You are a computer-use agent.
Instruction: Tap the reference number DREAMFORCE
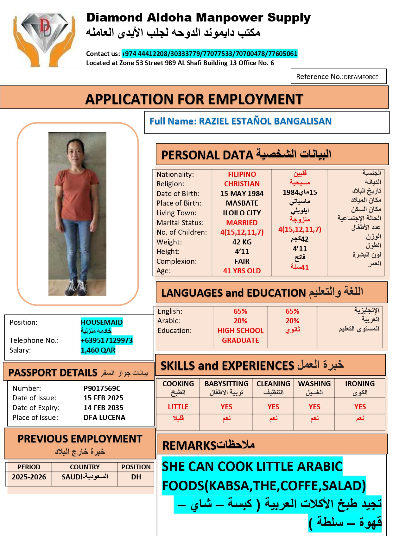pyautogui.click(x=361, y=77)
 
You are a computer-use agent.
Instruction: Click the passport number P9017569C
pyautogui.click(x=102, y=388)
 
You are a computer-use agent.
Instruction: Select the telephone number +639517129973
pyautogui.click(x=107, y=340)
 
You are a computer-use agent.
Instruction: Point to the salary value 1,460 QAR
pyautogui.click(x=98, y=350)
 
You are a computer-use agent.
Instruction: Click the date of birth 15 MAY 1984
pyautogui.click(x=242, y=194)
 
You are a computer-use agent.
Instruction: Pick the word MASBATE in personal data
pyautogui.click(x=242, y=203)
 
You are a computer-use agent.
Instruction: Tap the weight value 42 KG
pyautogui.click(x=242, y=242)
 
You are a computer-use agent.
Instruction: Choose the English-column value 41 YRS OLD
pyautogui.click(x=242, y=271)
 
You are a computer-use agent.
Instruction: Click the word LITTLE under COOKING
pyautogui.click(x=178, y=407)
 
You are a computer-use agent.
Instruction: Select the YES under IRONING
pyautogui.click(x=360, y=407)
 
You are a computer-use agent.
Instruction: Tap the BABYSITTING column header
pyautogui.click(x=226, y=384)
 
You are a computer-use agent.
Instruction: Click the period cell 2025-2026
pyautogui.click(x=29, y=477)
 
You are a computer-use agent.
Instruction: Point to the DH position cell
pyautogui.click(x=136, y=477)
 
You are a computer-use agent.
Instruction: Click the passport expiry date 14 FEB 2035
pyautogui.click(x=103, y=408)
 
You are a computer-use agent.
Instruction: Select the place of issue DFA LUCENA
pyautogui.click(x=104, y=417)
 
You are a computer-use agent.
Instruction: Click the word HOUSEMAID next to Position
pyautogui.click(x=102, y=322)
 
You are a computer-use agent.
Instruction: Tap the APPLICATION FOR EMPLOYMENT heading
pyautogui.click(x=194, y=99)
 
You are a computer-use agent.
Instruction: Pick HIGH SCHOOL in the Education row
pyautogui.click(x=240, y=330)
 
